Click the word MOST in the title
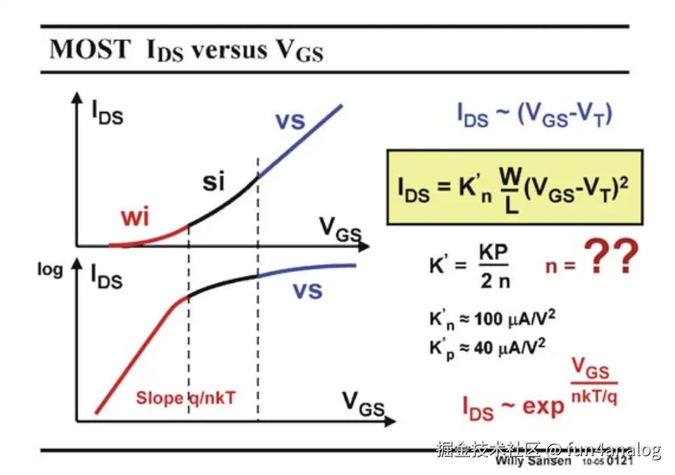point(90,50)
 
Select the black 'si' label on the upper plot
point(214,183)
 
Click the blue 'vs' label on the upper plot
point(290,121)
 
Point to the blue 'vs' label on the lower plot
point(307,290)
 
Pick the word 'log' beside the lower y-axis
point(50,270)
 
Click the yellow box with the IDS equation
point(515,186)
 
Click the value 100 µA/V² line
point(487,319)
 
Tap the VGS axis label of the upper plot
point(340,228)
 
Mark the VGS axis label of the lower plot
point(363,403)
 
